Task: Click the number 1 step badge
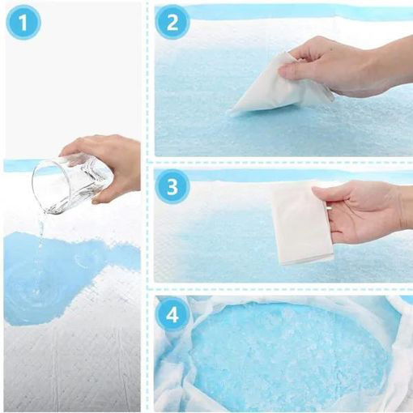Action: [x=23, y=22]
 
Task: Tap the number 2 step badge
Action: [x=172, y=22]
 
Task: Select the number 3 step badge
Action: [x=172, y=186]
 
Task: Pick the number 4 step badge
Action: [x=172, y=314]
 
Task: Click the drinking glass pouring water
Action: [x=72, y=185]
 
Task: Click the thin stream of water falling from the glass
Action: [x=40, y=243]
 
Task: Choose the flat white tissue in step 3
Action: [x=302, y=223]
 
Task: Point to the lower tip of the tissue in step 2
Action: [x=230, y=113]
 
